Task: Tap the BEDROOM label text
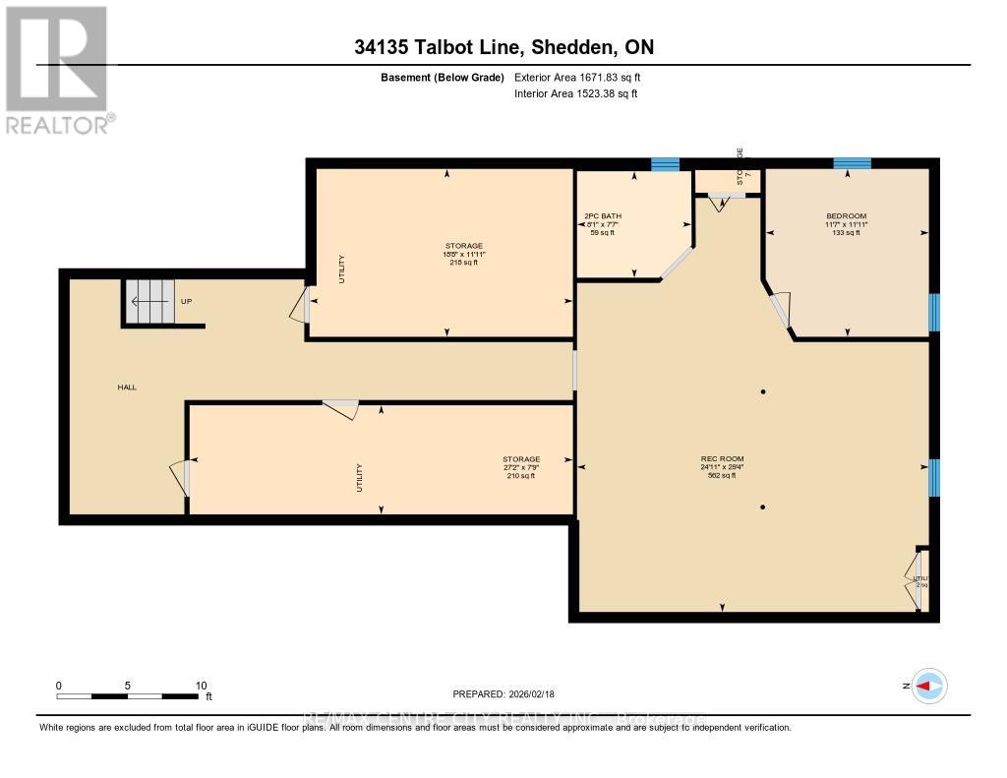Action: tap(846, 216)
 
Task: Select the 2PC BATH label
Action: tap(603, 216)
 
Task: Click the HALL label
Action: tap(127, 388)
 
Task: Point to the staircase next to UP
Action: tap(147, 301)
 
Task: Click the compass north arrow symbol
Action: tap(928, 686)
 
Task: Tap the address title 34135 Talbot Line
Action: tap(503, 47)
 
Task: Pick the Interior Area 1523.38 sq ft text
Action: tap(576, 93)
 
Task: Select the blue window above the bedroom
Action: tap(852, 163)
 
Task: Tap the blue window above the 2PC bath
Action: tap(666, 163)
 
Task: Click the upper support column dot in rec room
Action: tap(763, 392)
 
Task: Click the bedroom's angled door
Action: tap(780, 310)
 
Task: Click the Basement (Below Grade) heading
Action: tap(443, 77)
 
